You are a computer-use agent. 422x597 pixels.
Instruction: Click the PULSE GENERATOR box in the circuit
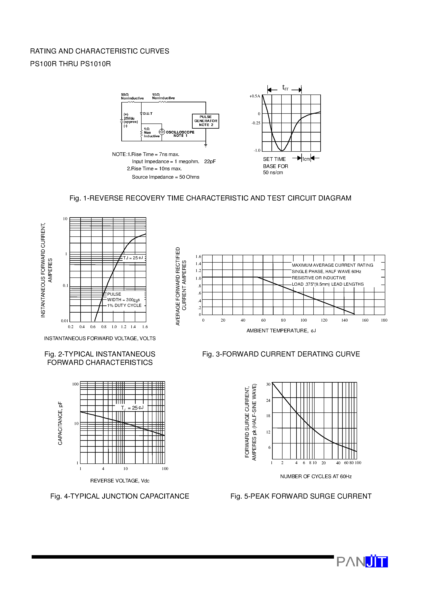point(205,121)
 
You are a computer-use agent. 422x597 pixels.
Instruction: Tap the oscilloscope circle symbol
point(162,132)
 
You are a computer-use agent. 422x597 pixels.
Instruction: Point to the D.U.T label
point(147,114)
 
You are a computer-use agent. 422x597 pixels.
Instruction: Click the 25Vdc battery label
point(129,118)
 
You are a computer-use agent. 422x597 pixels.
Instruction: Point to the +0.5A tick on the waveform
point(255,96)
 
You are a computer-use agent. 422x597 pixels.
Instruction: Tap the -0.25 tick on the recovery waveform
point(256,123)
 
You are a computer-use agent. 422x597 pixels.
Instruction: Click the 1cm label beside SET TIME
point(306,159)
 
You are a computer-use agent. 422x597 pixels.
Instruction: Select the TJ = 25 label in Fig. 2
point(133,258)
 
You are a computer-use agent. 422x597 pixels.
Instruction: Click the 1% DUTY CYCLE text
point(124,305)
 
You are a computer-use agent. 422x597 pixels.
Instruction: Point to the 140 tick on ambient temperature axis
point(344,320)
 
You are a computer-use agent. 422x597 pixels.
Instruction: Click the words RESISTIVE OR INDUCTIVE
point(318,278)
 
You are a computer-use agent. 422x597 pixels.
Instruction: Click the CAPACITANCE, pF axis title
point(60,423)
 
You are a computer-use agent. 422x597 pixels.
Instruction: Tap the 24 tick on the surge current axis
point(268,400)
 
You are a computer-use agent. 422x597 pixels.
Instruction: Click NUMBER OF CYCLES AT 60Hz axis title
point(316,476)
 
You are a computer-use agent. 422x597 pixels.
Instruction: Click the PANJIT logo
point(362,562)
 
